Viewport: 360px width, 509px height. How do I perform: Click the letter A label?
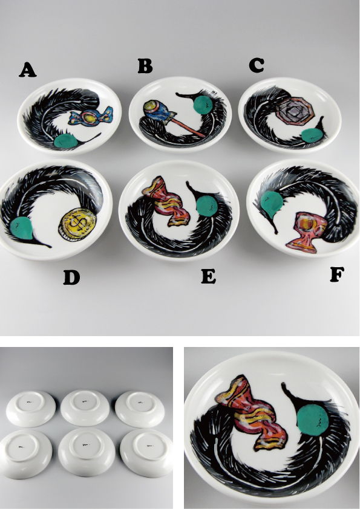click(x=28, y=70)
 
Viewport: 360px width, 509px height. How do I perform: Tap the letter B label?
click(x=145, y=66)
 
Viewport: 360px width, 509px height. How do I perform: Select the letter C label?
click(x=257, y=65)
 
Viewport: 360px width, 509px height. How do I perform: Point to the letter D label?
click(x=71, y=277)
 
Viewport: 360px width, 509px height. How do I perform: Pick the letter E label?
click(x=209, y=277)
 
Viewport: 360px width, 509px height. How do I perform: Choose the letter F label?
click(x=337, y=275)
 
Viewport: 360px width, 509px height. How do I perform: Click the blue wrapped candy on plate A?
click(x=91, y=117)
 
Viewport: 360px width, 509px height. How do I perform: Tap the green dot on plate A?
click(x=65, y=141)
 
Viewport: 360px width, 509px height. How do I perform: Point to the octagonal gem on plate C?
click(x=295, y=111)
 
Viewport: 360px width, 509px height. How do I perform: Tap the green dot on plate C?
click(x=312, y=135)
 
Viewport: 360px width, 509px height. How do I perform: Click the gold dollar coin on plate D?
click(x=77, y=225)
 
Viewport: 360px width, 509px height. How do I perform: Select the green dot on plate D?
click(x=21, y=228)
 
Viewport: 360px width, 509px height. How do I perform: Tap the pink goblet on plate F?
click(x=302, y=232)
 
